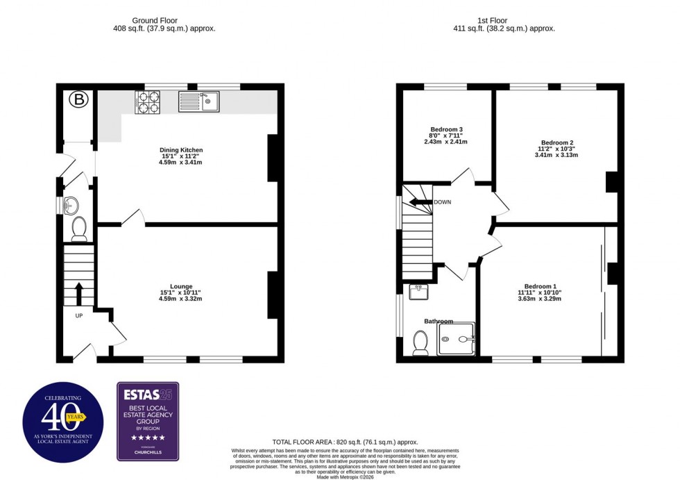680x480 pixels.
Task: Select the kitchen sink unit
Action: click(198, 101)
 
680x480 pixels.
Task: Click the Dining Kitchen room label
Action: click(181, 150)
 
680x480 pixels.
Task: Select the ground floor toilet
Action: click(79, 227)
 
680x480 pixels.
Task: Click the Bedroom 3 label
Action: click(446, 129)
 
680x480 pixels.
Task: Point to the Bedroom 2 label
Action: click(557, 142)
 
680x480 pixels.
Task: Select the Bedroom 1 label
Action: click(540, 286)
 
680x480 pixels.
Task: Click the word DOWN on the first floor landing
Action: click(443, 202)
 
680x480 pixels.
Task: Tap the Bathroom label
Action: click(439, 321)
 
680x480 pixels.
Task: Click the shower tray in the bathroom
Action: click(457, 339)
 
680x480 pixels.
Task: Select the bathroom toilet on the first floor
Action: click(420, 343)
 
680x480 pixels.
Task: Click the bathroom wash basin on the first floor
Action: click(419, 292)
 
